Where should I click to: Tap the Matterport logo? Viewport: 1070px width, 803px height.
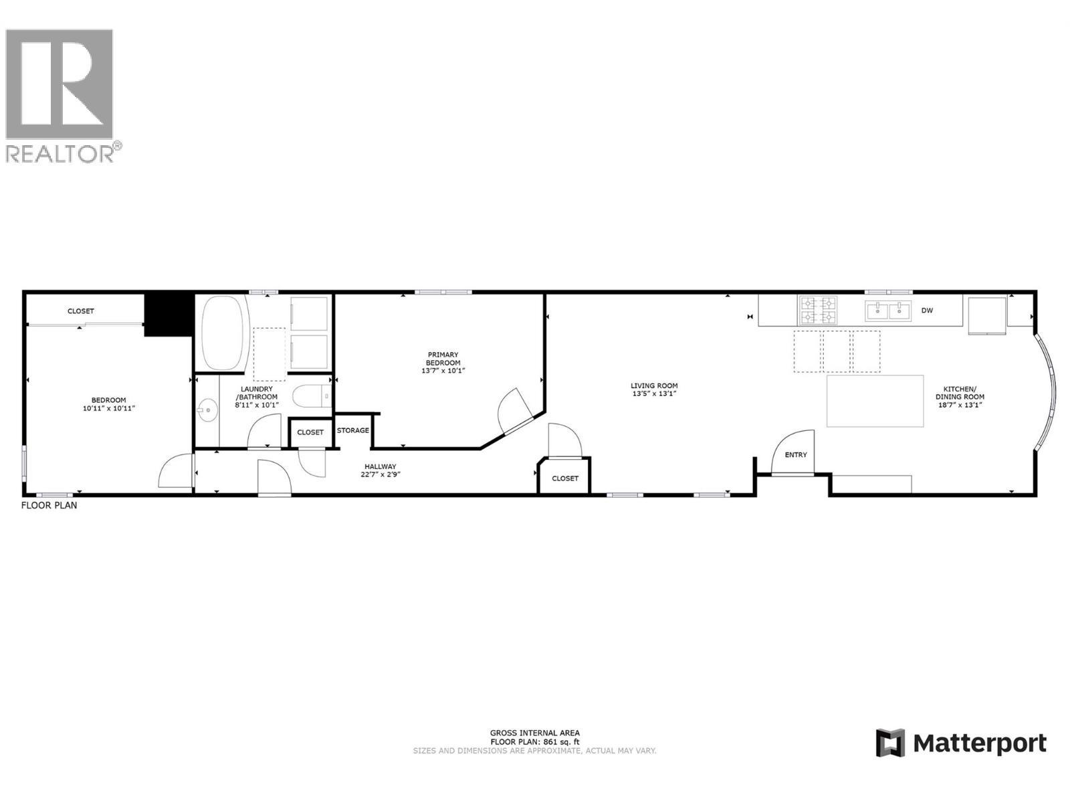[x=961, y=743]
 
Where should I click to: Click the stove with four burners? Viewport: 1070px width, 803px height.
[x=817, y=310]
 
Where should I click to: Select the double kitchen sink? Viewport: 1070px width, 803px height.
[x=888, y=310]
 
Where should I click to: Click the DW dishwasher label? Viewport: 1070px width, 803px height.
[x=927, y=310]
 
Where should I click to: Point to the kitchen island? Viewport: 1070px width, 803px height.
[x=875, y=401]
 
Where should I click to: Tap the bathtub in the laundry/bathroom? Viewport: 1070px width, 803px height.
[x=224, y=333]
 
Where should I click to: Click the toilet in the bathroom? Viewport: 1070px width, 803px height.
[x=312, y=396]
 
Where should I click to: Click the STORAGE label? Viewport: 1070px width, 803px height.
[x=353, y=430]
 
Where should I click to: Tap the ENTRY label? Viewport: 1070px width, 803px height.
[x=796, y=455]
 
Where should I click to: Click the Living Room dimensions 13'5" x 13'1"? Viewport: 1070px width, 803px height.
[x=654, y=394]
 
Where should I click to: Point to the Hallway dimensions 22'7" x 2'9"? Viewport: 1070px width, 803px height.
[x=380, y=474]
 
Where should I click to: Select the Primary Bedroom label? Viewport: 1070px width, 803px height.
[x=443, y=359]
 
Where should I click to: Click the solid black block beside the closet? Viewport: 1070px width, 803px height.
[x=168, y=315]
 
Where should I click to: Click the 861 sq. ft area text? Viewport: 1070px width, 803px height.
[x=534, y=742]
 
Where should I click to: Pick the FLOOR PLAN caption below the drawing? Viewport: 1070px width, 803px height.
[x=49, y=505]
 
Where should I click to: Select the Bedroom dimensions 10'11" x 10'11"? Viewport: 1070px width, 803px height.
[x=108, y=408]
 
